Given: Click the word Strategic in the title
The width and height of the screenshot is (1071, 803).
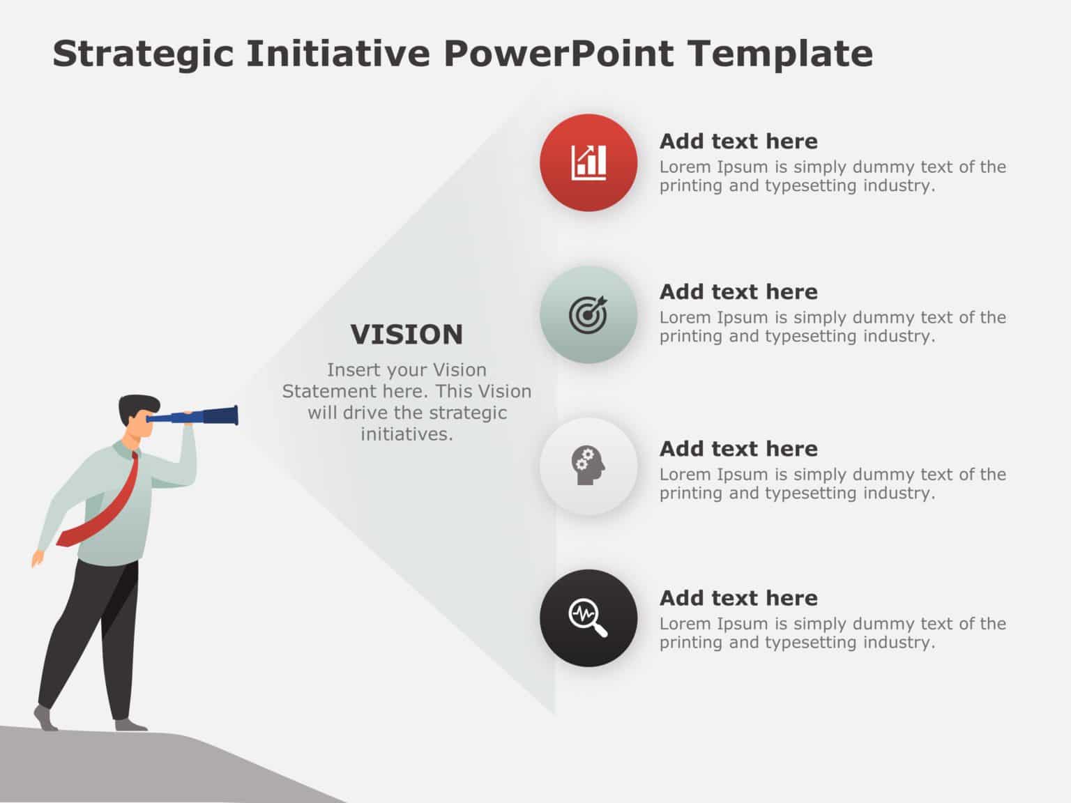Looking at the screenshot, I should (143, 54).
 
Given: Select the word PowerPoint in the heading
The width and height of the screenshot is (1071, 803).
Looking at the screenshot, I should (558, 54).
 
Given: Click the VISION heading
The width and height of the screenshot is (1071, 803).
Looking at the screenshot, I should (407, 335).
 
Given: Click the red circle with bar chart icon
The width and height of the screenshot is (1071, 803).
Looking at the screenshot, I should (588, 162).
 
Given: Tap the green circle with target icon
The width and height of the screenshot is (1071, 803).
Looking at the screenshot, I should (588, 314).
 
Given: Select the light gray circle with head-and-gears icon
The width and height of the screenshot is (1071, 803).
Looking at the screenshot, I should (588, 466).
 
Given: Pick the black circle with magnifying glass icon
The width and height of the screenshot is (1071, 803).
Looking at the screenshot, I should (588, 618).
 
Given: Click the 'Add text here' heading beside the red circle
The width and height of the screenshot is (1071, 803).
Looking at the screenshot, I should (738, 142).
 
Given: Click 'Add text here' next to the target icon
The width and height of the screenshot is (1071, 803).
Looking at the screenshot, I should (738, 292).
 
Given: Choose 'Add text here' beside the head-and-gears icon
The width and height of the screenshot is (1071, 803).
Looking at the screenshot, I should (738, 449).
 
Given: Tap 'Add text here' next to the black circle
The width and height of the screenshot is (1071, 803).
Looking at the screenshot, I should (738, 598).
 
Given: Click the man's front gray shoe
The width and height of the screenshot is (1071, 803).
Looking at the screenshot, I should (130, 725).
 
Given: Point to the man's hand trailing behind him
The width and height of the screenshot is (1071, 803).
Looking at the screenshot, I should (36, 558).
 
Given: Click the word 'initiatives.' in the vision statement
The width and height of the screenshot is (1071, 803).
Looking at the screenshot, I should (407, 434).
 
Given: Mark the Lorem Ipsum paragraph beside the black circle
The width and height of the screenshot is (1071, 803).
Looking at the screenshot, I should (832, 633).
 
